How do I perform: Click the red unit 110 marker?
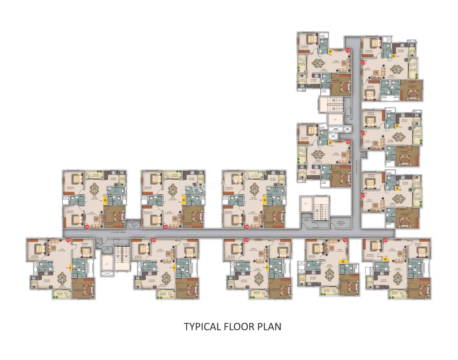coord(348,51)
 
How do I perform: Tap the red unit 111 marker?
coord(362,63)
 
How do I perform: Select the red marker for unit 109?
coord(348,142)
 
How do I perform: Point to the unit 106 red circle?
coord(87,227)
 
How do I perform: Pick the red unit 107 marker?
coord(165,227)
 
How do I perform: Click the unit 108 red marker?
coord(247,227)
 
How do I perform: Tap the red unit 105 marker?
coord(68,240)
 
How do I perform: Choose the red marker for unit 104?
coord(154,240)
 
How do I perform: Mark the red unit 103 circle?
coord(246,240)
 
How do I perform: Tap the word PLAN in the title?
coord(270,326)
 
